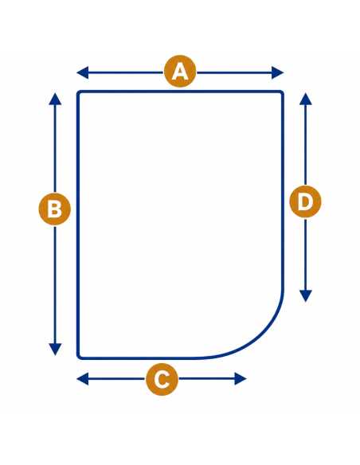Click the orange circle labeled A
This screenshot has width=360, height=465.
point(180,72)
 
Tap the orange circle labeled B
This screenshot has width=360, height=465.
point(55,209)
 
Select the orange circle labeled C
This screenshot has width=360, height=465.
point(162,379)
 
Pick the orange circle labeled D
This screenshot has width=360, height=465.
point(305,201)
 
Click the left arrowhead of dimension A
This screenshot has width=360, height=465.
point(83,72)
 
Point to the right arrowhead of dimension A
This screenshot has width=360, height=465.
point(278,72)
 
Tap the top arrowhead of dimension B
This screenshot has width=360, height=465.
point(55,99)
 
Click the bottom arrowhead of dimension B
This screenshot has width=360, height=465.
point(55,350)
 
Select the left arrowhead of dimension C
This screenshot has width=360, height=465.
point(83,379)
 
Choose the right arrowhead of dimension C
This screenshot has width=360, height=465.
point(241,379)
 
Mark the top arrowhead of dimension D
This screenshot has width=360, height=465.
point(306,99)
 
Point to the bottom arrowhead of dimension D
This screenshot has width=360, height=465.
point(306,296)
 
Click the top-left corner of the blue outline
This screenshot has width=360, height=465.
point(79,92)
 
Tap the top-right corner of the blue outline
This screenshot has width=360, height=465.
point(282,92)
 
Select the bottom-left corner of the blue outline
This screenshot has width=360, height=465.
point(79,358)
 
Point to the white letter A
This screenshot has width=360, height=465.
point(180,72)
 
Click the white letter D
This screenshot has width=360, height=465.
point(305,202)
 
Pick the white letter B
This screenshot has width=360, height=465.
point(55,209)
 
